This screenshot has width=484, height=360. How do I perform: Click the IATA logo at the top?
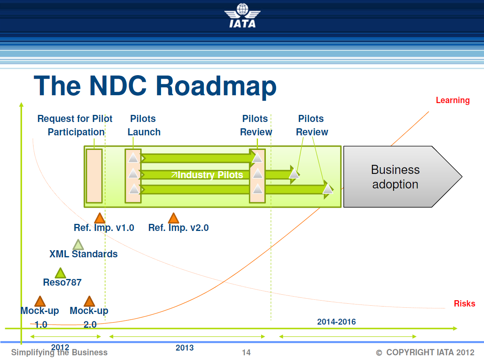(x=242, y=16)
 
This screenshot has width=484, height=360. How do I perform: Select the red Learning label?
(x=452, y=100)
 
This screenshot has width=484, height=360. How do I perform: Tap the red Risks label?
(x=464, y=303)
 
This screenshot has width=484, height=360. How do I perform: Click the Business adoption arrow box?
(x=398, y=177)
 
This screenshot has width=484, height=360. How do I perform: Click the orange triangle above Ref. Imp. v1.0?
(x=100, y=218)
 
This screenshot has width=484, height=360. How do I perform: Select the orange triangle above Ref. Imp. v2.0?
(x=173, y=218)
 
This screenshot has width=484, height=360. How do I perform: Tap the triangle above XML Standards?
(x=78, y=245)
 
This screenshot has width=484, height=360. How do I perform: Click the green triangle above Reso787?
(x=60, y=273)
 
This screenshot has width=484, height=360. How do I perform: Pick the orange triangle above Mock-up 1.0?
(x=40, y=301)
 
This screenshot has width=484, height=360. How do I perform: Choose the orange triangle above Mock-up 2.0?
(x=89, y=301)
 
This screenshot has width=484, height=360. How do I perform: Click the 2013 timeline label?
(x=185, y=347)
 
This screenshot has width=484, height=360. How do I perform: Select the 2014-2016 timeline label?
(x=336, y=322)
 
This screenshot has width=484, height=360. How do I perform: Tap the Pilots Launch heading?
(x=144, y=125)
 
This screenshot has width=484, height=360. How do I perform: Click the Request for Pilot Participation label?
(x=75, y=125)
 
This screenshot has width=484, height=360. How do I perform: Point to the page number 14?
(x=246, y=352)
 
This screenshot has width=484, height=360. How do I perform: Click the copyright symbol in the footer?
(x=379, y=353)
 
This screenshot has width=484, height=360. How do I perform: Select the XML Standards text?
(x=83, y=254)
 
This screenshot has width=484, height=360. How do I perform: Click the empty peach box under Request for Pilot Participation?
(x=94, y=176)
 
